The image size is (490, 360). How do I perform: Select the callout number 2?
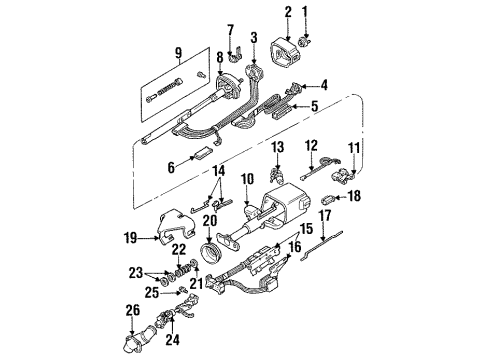coord(288,12)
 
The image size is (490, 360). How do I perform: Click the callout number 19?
coord(132,238)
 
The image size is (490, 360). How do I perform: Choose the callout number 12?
coord(312,145)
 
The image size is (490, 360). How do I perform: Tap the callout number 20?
coord(209,221)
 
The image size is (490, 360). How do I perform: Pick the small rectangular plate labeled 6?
coord(203,151)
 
